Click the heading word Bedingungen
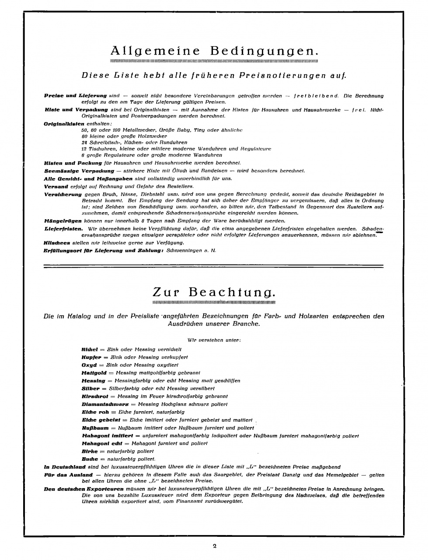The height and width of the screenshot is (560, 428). (264, 51)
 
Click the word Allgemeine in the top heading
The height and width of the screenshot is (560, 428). (155, 51)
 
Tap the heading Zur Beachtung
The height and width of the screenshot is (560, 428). (214, 292)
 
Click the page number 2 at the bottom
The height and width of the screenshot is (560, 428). (214, 546)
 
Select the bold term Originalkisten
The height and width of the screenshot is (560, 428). (64, 124)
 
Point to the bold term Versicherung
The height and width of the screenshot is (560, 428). (63, 194)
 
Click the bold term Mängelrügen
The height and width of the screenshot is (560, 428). (63, 220)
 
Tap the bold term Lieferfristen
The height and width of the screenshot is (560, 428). (63, 229)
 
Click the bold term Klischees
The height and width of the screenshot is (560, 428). (57, 242)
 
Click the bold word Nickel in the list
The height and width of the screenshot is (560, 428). (89, 349)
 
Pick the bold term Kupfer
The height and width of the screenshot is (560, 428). (91, 357)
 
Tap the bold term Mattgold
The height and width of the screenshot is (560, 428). (94, 373)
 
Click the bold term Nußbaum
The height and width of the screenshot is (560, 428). (95, 428)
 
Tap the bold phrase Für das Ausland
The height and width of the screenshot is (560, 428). (68, 475)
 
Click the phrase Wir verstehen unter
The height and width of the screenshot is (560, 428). (214, 340)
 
